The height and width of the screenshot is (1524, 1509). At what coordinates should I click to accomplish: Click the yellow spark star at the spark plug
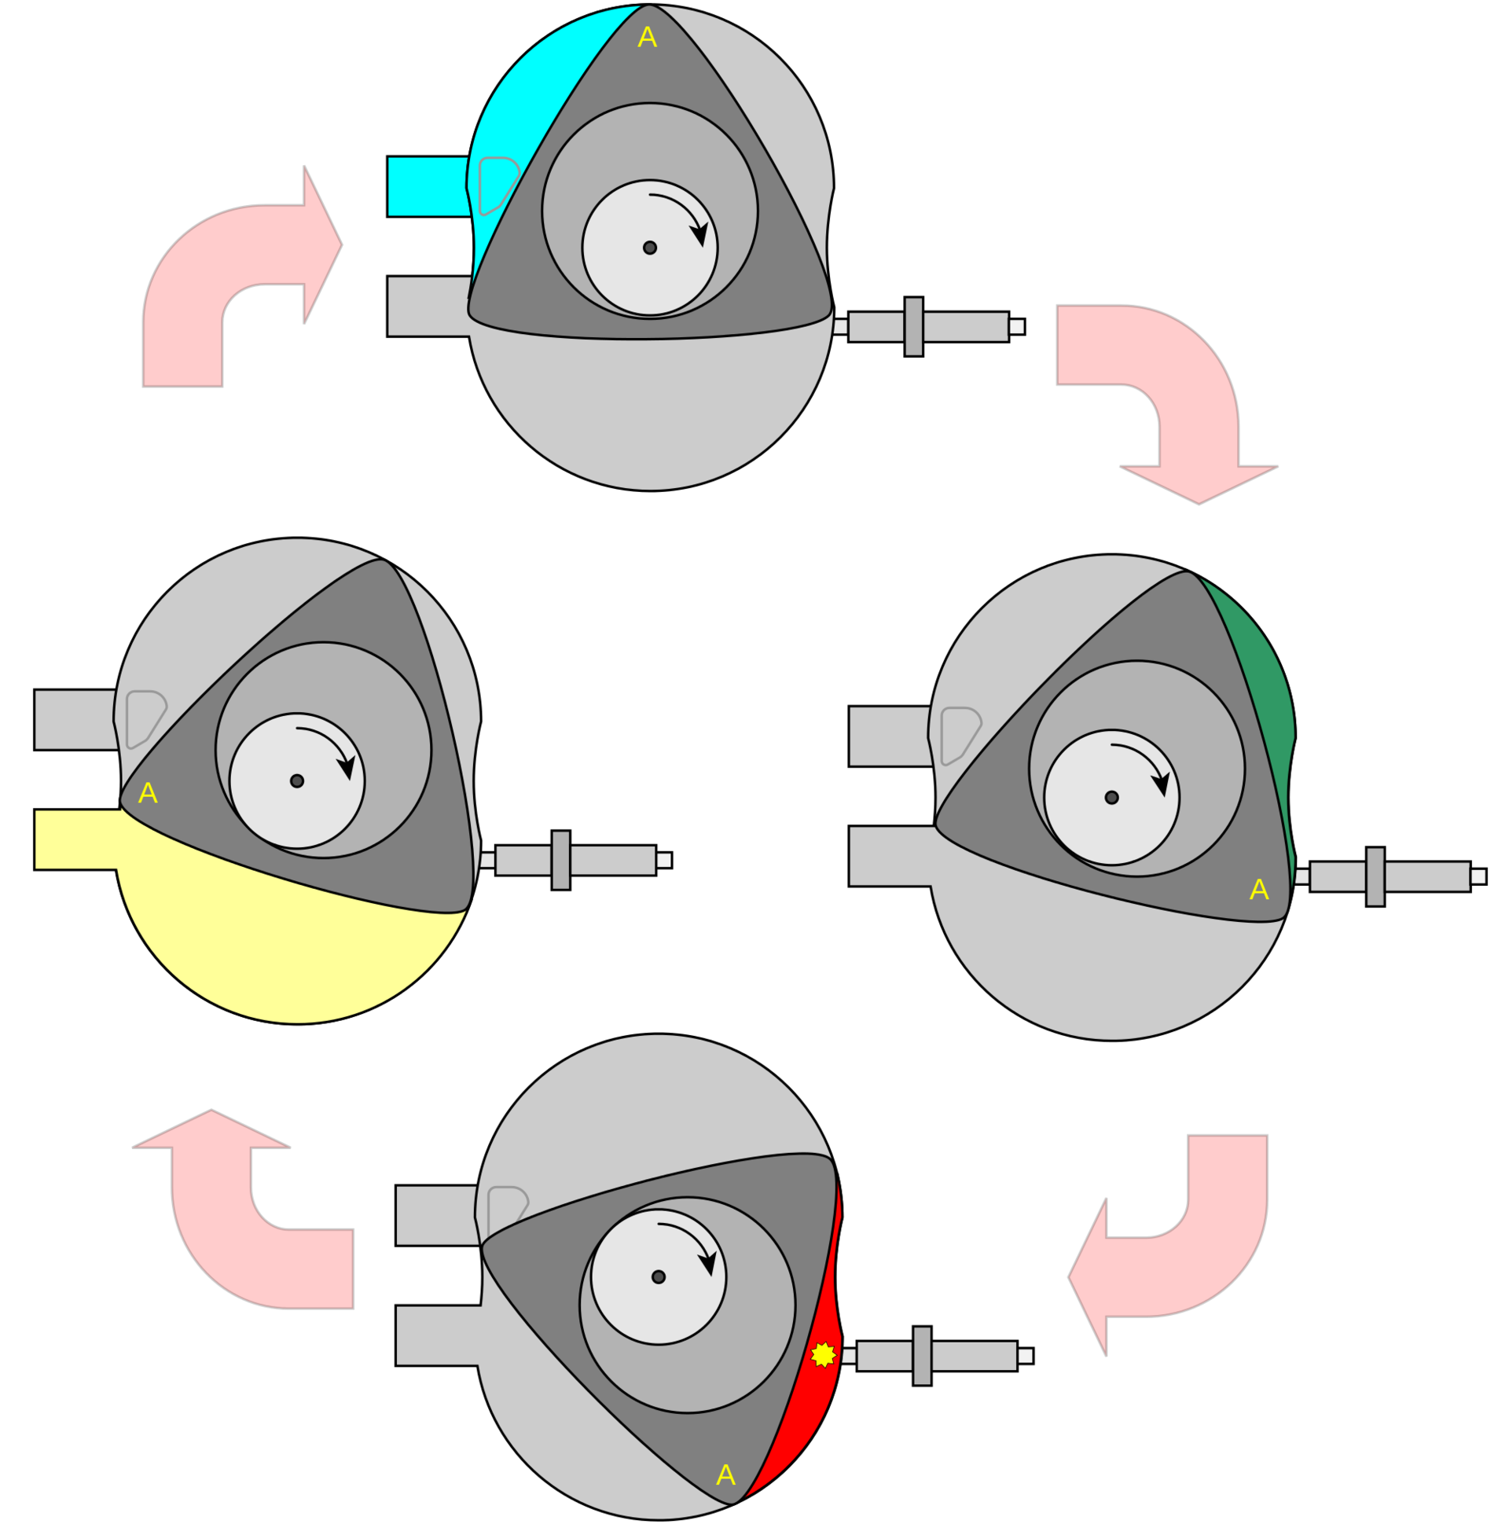click(x=823, y=1354)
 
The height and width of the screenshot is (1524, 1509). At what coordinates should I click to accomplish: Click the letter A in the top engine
click(x=647, y=37)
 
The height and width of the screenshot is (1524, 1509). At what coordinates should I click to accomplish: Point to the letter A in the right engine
click(x=1259, y=890)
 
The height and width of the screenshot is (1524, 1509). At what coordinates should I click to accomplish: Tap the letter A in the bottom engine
click(x=725, y=1475)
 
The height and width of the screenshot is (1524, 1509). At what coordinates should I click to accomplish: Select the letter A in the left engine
click(x=148, y=794)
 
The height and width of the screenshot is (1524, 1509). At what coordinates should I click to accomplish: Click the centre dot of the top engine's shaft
click(x=649, y=248)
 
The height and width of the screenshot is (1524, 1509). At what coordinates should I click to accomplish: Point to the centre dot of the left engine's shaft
click(x=296, y=781)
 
